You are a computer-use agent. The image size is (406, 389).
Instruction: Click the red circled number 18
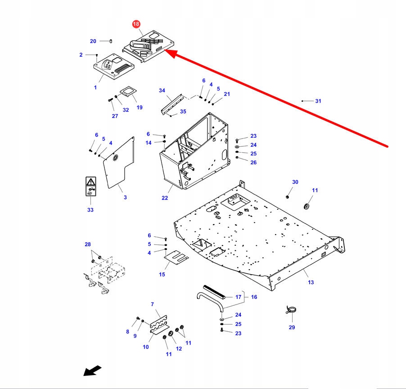coord(136,24)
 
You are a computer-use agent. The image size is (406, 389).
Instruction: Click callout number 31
coord(318,101)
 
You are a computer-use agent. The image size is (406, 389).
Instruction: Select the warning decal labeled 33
coord(90,186)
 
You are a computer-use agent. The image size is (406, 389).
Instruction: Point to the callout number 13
coord(311,282)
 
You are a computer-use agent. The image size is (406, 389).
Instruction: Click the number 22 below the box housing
coord(165,198)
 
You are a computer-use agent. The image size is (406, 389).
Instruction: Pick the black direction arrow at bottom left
coord(92,371)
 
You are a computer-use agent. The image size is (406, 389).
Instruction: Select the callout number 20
coord(93,41)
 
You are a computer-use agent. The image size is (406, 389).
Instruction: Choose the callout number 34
coord(162,90)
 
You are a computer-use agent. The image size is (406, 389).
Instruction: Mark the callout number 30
coord(295,182)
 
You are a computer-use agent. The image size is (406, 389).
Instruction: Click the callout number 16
coord(254,297)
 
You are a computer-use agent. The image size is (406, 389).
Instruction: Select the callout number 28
coord(87,244)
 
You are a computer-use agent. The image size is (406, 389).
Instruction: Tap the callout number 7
coord(152,304)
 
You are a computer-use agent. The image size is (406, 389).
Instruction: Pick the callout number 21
coord(227,94)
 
